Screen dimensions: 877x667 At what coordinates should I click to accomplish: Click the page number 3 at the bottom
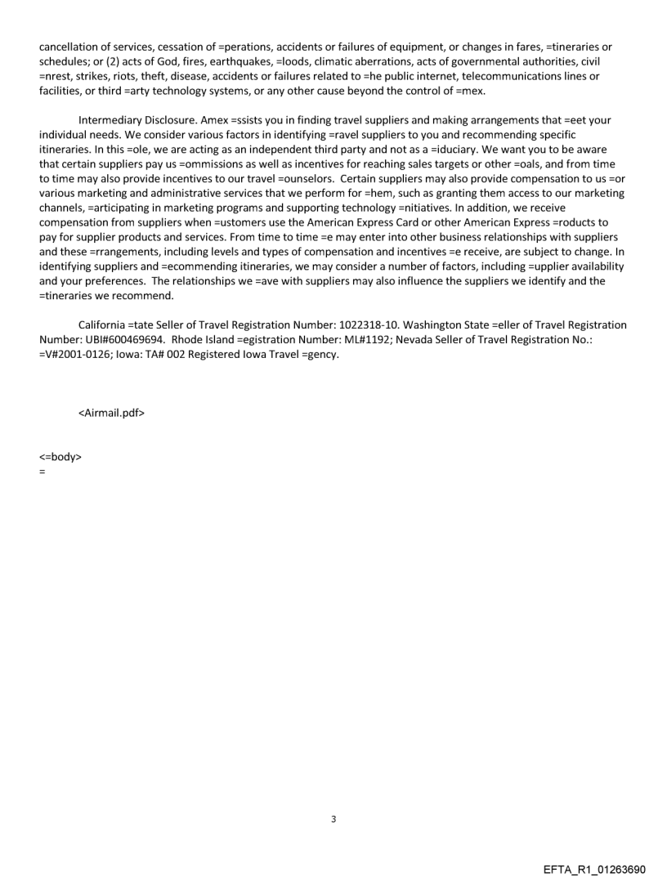point(333,819)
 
